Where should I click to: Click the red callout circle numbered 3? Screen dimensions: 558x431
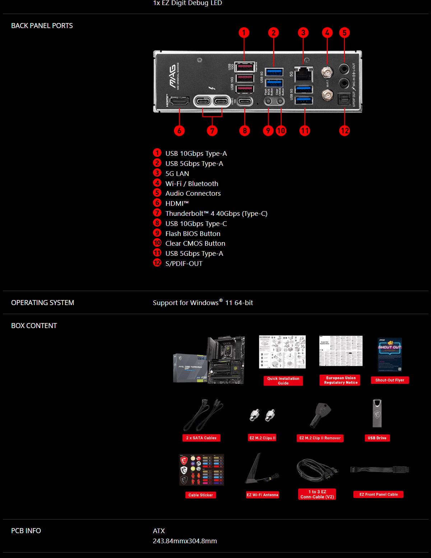pyautogui.click(x=303, y=33)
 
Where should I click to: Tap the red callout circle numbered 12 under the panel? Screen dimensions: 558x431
pyautogui.click(x=344, y=131)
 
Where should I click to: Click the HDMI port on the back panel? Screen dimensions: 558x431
pyautogui.click(x=179, y=101)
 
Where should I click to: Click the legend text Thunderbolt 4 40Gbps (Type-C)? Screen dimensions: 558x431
pyautogui.click(x=216, y=214)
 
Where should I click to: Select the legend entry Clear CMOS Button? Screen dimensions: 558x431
pyautogui.click(x=195, y=244)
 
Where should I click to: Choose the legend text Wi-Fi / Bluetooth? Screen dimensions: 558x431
pyautogui.click(x=191, y=184)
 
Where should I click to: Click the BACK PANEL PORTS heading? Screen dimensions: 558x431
pyautogui.click(x=42, y=26)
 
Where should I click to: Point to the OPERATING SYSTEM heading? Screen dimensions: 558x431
pyautogui.click(x=42, y=303)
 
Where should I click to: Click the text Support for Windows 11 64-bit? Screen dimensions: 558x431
pyautogui.click(x=203, y=303)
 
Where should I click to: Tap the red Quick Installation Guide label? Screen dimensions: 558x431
pyautogui.click(x=283, y=381)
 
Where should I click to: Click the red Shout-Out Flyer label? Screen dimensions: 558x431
pyautogui.click(x=390, y=380)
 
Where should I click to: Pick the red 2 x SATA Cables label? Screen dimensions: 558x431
pyautogui.click(x=201, y=438)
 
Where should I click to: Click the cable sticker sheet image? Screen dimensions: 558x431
pyautogui.click(x=201, y=470)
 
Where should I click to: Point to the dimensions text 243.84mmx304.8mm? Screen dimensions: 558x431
pyautogui.click(x=185, y=541)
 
